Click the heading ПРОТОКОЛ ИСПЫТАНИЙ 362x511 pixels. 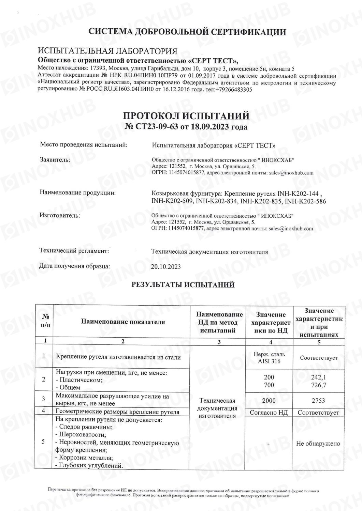click(x=186, y=116)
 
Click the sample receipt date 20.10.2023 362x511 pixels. click(x=166, y=267)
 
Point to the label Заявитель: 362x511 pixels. click(x=55, y=159)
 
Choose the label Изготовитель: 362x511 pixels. click(x=60, y=215)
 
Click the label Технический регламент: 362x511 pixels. click(x=74, y=251)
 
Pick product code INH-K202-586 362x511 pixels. click(x=305, y=201)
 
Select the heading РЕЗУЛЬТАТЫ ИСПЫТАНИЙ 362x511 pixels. click(x=183, y=285)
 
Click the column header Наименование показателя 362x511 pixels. click(x=123, y=322)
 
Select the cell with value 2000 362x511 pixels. click(x=269, y=401)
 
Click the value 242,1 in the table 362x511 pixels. click(x=319, y=377)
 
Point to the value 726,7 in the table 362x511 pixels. click(x=319, y=385)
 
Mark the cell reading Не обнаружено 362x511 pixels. click(x=318, y=444)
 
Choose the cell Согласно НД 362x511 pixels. click(x=269, y=413)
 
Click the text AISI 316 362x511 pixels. click(x=269, y=361)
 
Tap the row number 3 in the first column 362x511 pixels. click(x=43, y=399)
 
